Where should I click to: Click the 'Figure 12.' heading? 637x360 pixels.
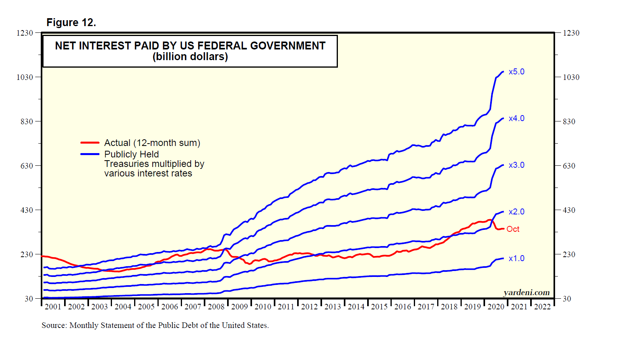coord(71,23)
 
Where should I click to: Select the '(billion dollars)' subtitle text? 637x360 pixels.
coord(190,57)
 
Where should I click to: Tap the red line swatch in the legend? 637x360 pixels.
coord(90,143)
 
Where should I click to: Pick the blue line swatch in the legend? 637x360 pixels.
coord(90,154)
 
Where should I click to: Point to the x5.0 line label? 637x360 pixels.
coord(516,72)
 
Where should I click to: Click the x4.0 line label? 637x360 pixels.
coord(516,118)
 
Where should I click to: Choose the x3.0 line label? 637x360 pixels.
coord(516,165)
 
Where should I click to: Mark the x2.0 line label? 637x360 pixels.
coord(516,212)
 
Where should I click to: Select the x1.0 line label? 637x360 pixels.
coord(516,258)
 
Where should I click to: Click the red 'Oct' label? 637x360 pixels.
coord(513,229)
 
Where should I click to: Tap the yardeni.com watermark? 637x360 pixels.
coord(526,292)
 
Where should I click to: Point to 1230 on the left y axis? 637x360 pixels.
coord(25,33)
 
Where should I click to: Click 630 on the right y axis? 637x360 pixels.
coord(569,166)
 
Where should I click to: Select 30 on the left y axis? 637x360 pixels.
coord(28,299)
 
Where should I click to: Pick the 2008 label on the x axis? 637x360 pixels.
coord(216,307)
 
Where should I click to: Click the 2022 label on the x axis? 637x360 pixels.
coord(542,307)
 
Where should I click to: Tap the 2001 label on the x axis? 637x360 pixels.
coord(53,307)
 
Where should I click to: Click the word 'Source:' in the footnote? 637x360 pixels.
coord(54,325)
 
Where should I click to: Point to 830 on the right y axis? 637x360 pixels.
coord(569,121)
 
